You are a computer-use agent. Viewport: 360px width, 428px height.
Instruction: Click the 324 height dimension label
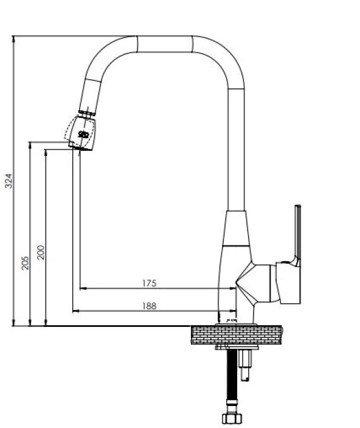9,181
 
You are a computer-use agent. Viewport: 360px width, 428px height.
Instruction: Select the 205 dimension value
25,262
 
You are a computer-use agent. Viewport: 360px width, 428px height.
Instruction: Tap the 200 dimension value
41,252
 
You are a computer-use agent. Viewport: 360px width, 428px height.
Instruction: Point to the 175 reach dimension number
150,283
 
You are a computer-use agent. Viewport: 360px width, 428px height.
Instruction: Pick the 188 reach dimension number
150,306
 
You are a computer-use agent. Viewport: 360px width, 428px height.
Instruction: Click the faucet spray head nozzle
81,133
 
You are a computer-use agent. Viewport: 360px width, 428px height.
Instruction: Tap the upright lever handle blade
298,235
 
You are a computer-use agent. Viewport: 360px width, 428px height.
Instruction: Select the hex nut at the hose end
232,418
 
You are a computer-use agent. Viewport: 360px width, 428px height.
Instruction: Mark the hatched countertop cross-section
237,335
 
